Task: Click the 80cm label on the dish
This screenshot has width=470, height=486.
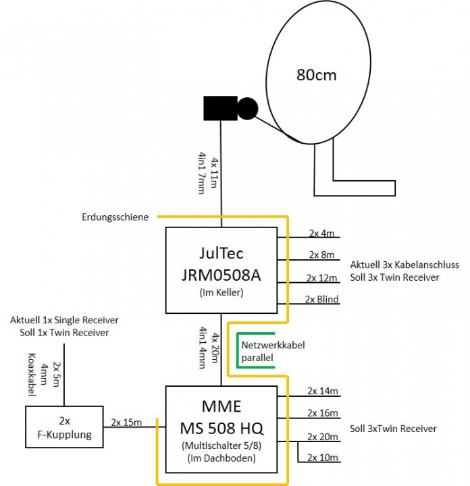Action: pos(316,75)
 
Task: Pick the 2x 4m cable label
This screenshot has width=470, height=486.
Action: pos(321,234)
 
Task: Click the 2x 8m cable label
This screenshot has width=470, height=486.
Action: pos(321,254)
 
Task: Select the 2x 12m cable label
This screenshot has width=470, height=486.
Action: pos(321,277)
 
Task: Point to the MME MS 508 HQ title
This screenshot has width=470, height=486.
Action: pos(221,418)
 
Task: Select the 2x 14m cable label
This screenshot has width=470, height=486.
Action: pos(321,390)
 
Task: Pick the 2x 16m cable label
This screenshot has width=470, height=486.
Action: pos(321,412)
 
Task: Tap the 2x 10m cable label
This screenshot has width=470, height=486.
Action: pos(321,458)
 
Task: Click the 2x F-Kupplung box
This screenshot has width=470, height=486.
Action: pos(63,427)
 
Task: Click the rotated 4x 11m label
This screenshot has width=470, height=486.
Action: pos(215,174)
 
